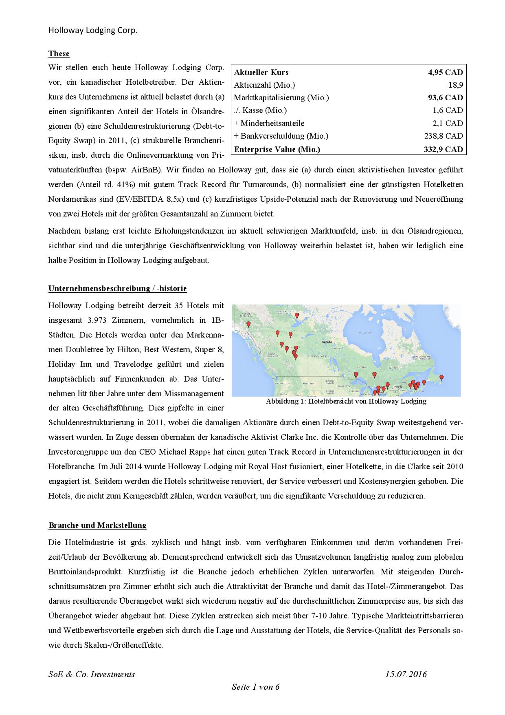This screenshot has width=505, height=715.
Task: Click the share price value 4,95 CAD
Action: coord(445,73)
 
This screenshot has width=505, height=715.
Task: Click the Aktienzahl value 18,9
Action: coord(455,85)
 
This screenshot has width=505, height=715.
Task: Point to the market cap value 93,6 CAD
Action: coord(445,98)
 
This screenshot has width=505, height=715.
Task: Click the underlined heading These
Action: coord(59,54)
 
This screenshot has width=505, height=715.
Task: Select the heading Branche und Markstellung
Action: coord(97,525)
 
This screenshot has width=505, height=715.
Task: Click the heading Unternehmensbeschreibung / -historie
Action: coord(117,289)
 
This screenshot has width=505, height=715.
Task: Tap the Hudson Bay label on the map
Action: coord(365,333)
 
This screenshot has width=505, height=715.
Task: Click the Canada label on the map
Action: coord(327,342)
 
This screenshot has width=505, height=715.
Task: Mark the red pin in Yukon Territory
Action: coord(248,325)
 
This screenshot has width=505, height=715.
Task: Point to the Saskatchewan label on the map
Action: coord(316,356)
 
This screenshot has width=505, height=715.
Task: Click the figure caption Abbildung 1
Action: coord(346,401)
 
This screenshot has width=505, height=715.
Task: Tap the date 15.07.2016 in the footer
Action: coord(406,674)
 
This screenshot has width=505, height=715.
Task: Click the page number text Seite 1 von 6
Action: coord(255,687)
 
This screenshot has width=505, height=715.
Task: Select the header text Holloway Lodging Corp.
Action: coord(93,30)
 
